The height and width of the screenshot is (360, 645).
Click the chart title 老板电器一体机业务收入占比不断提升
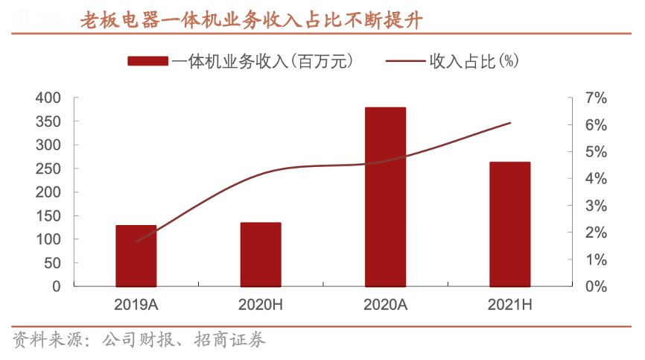pyautogui.click(x=251, y=21)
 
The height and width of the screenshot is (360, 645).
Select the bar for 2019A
pyautogui.click(x=136, y=256)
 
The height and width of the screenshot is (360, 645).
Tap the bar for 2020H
pyautogui.click(x=261, y=254)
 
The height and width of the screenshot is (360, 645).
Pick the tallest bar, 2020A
pyautogui.click(x=385, y=197)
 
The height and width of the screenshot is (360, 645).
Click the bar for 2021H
pyautogui.click(x=510, y=224)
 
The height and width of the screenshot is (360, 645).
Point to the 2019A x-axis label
pyautogui.click(x=136, y=304)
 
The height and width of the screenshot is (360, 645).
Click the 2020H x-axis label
pyautogui.click(x=261, y=304)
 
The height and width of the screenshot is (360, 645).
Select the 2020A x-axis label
pyautogui.click(x=385, y=304)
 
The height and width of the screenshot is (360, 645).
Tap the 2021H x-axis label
pyautogui.click(x=510, y=304)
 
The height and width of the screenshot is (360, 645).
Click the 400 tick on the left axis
pyautogui.click(x=48, y=98)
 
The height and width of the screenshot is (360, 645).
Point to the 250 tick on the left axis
pyautogui.click(x=48, y=168)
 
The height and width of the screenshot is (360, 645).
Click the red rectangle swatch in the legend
pyautogui.click(x=147, y=61)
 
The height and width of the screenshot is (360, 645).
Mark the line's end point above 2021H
pyautogui.click(x=510, y=122)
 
